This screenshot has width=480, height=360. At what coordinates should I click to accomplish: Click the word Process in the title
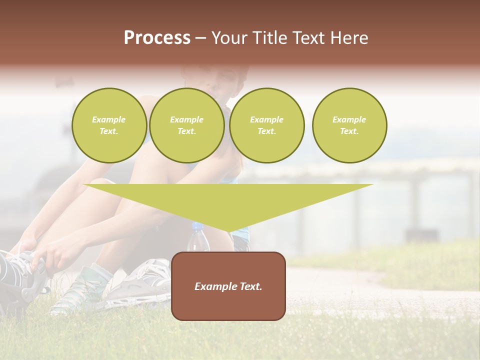click(x=157, y=38)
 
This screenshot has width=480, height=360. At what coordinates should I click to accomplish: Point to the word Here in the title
click(x=348, y=38)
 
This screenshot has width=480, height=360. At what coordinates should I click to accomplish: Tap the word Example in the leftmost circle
click(x=109, y=120)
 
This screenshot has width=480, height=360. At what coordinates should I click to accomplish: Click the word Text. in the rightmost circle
click(x=349, y=131)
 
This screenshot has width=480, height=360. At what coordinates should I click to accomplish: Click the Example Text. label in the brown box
click(x=228, y=286)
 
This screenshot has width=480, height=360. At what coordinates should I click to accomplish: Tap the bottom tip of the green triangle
click(x=228, y=231)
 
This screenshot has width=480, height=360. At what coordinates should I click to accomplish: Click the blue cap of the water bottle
click(x=197, y=227)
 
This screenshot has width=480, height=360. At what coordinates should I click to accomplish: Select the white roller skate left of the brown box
click(x=145, y=285)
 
